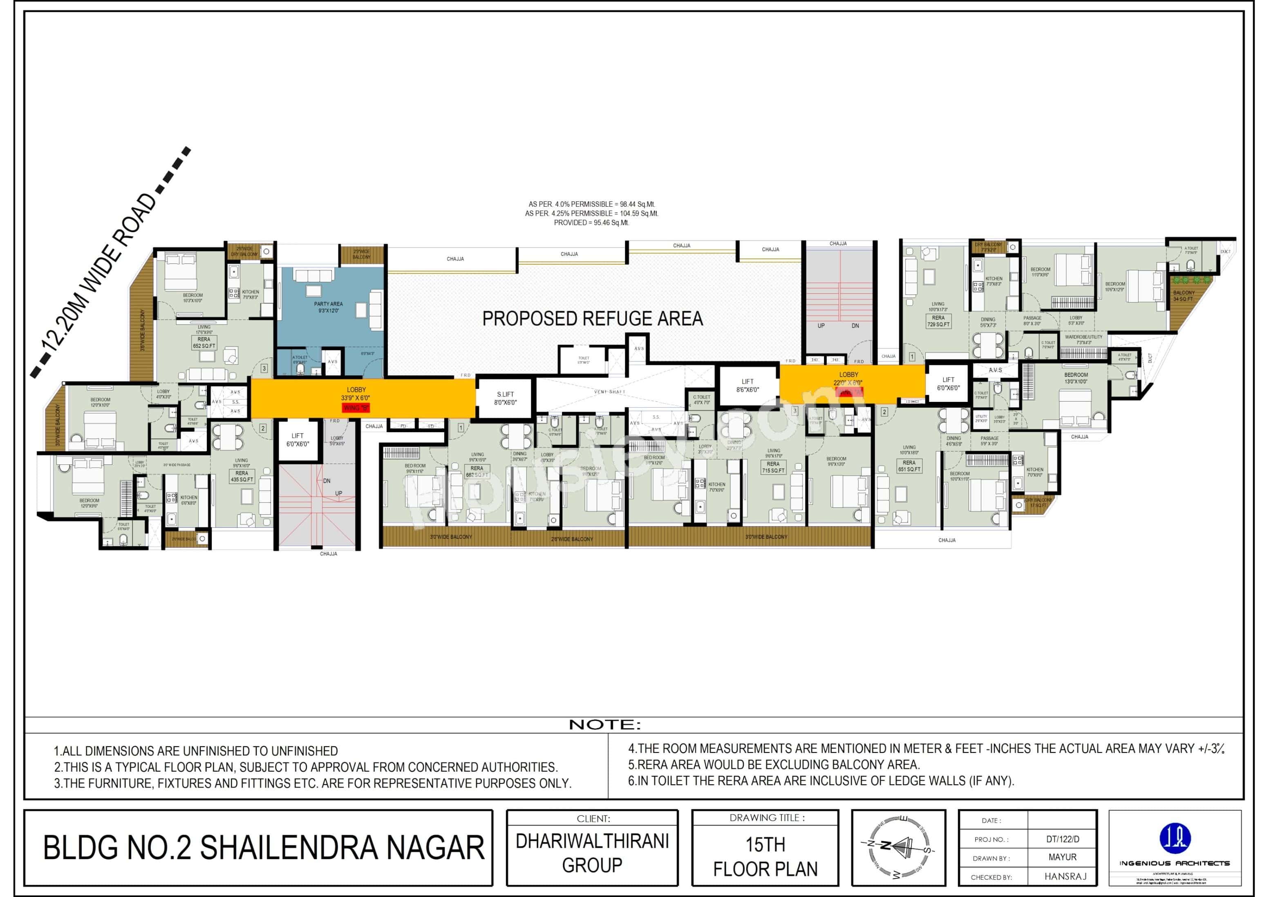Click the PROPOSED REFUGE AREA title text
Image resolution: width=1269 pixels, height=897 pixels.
(x=593, y=319)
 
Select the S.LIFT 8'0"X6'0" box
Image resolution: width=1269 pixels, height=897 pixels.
(x=505, y=398)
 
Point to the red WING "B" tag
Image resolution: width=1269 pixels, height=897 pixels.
(x=356, y=408)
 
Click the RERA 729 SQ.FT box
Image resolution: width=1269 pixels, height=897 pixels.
(x=938, y=321)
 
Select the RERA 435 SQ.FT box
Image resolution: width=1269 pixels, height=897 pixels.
(x=242, y=477)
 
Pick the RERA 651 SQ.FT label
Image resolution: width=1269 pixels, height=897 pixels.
(x=909, y=466)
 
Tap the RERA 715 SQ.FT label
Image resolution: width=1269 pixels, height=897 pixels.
(x=773, y=467)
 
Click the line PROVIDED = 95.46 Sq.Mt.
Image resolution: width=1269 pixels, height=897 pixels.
(x=591, y=223)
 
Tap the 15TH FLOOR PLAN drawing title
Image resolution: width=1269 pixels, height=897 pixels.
(x=765, y=856)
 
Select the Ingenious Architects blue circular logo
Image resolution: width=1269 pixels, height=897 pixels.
(x=1175, y=838)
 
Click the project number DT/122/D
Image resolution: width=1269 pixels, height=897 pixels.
(x=1062, y=839)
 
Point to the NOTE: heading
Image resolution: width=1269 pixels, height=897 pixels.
(x=604, y=725)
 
